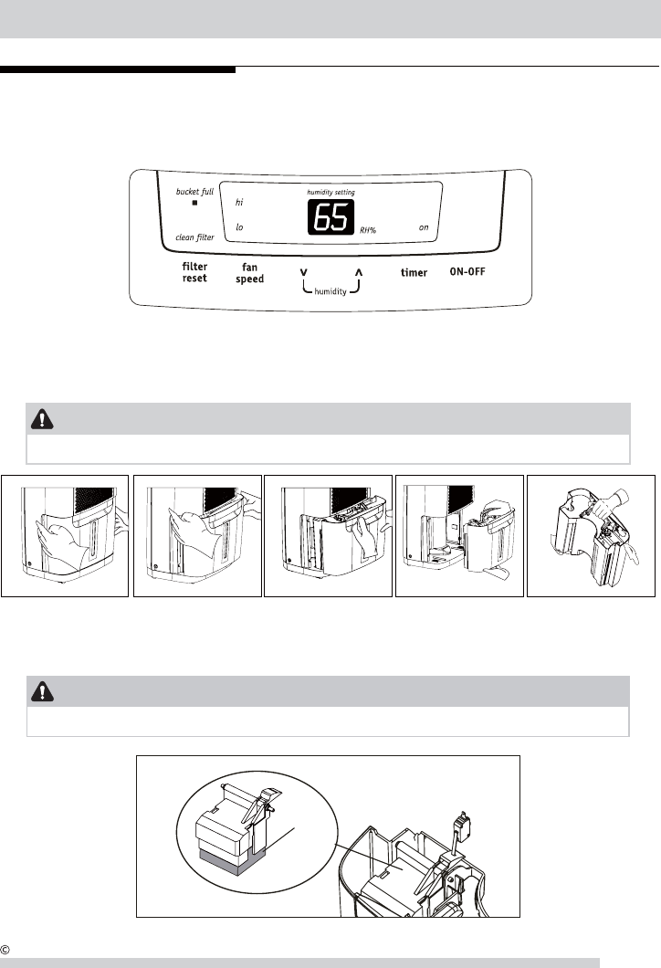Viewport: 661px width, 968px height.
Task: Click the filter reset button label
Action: (194, 272)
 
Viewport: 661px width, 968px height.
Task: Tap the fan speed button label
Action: (249, 273)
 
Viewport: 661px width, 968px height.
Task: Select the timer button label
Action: (414, 273)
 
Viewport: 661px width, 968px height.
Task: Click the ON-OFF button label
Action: (472, 272)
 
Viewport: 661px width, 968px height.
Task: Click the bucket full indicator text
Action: (194, 192)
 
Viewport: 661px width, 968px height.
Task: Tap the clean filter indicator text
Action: (194, 237)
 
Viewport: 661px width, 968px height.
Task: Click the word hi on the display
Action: (239, 202)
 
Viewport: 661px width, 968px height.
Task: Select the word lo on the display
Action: (239, 227)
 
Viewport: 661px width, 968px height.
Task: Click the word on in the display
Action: (424, 227)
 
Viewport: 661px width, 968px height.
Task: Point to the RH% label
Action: (368, 231)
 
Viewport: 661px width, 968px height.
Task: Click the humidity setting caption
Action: (330, 194)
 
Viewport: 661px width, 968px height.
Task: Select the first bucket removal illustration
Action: (64, 534)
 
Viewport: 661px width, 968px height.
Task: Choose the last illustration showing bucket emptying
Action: (591, 534)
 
